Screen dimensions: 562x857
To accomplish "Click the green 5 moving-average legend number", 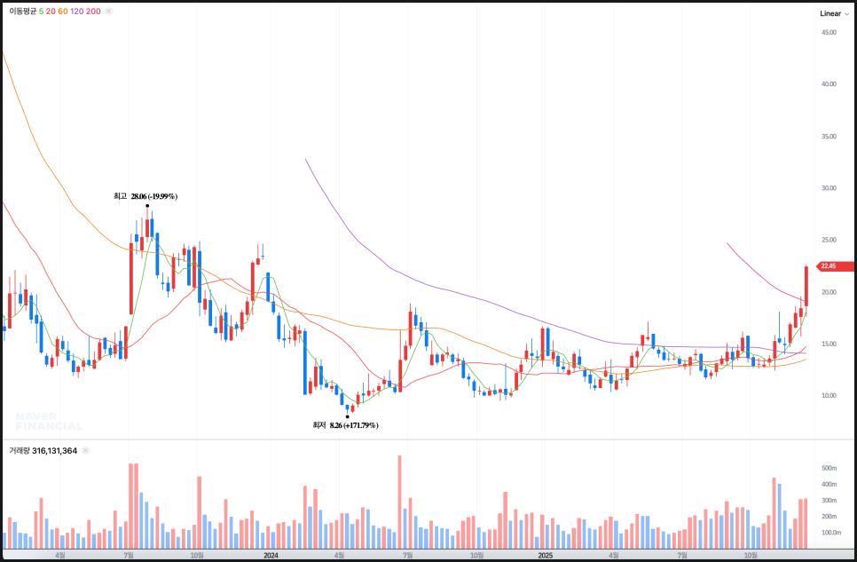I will click(x=42, y=12).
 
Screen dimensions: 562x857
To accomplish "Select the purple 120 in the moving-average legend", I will click(x=77, y=12).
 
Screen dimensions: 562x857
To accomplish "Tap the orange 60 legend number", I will click(x=63, y=12).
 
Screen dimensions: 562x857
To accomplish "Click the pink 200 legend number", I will click(x=93, y=12).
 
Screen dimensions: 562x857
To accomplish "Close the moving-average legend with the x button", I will click(x=108, y=12).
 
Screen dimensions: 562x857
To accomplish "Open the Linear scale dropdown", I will click(x=834, y=13).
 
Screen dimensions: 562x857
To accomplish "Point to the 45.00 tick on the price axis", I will click(x=829, y=32).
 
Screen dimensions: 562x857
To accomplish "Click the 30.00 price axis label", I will click(x=829, y=188).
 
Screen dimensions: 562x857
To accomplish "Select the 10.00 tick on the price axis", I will click(x=829, y=396).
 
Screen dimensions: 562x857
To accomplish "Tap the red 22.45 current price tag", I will click(x=829, y=265).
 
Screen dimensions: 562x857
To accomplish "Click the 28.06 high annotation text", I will click(x=154, y=196).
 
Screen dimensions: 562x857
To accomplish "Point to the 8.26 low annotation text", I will click(x=353, y=426).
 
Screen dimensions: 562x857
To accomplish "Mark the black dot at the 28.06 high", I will click(x=147, y=206).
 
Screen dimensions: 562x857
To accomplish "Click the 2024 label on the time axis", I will click(x=271, y=555).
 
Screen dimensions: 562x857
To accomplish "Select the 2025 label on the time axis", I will click(x=546, y=555).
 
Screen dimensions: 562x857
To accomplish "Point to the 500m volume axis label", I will click(x=829, y=468).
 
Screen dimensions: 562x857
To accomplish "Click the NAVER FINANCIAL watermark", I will click(x=48, y=421).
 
